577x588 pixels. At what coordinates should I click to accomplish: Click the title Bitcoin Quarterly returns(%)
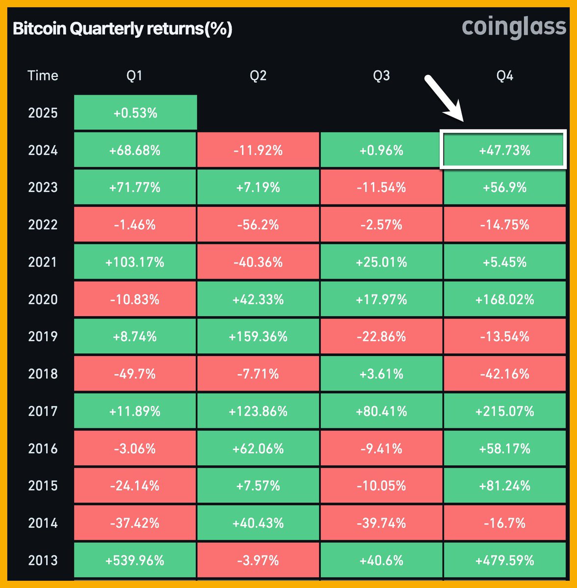tap(122, 29)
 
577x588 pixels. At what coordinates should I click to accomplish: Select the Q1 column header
tap(134, 75)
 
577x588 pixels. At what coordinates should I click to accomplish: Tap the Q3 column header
tap(381, 75)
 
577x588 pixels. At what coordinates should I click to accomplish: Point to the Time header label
tap(43, 75)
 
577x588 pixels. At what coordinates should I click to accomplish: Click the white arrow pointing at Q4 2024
tap(444, 97)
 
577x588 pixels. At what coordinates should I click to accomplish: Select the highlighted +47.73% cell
tap(504, 150)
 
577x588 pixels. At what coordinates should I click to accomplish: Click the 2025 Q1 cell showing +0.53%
tap(135, 113)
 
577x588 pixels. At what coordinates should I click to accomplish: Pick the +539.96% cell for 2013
tap(135, 560)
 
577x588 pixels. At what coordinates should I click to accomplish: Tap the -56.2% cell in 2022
tap(258, 224)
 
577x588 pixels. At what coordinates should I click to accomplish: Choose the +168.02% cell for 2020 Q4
tap(504, 299)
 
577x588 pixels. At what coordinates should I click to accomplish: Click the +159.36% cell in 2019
tap(258, 337)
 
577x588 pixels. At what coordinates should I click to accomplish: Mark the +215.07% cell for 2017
tap(504, 411)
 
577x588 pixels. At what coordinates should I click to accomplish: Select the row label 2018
tap(43, 374)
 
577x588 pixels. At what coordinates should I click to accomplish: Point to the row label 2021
tap(43, 262)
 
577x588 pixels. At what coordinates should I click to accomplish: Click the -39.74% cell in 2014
tap(381, 523)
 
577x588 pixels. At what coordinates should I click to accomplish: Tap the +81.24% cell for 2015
tap(504, 486)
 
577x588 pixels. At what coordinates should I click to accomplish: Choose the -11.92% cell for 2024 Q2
tap(258, 150)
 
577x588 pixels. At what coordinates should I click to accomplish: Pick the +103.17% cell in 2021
tap(135, 262)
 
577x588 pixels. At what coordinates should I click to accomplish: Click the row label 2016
tap(43, 448)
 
